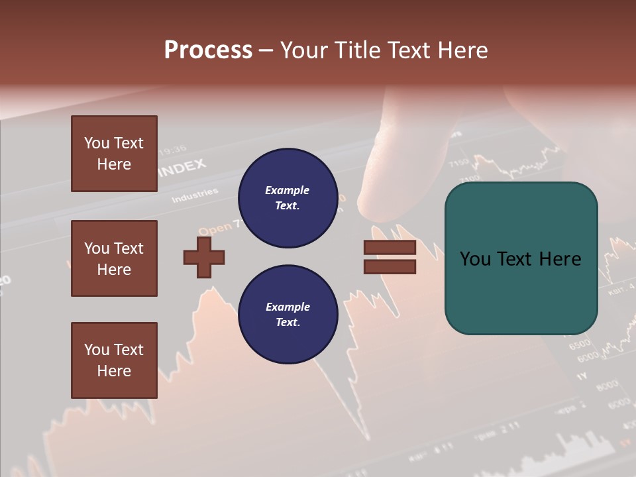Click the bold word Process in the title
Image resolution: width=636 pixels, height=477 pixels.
[x=208, y=50]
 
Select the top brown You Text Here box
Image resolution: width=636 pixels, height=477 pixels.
[x=114, y=154]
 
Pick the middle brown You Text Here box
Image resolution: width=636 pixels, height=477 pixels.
[x=114, y=258]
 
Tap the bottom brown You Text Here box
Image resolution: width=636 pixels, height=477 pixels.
[x=114, y=360]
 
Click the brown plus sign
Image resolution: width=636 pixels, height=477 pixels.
[x=204, y=257]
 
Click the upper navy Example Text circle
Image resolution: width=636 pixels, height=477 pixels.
[x=288, y=198]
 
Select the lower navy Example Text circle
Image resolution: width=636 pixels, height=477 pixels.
[x=288, y=315]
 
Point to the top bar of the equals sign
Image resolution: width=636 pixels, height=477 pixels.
[x=390, y=248]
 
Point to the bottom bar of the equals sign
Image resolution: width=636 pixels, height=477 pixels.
[x=390, y=266]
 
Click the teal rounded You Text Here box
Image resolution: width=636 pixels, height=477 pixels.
[x=521, y=258]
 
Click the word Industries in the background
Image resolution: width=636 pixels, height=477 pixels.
[x=195, y=195]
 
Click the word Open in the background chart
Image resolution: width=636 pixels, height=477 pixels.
[x=215, y=229]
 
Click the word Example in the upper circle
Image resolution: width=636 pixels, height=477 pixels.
[x=288, y=190]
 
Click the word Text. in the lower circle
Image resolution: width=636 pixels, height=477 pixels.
[x=288, y=323]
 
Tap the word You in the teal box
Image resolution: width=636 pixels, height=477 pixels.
[x=475, y=259]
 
